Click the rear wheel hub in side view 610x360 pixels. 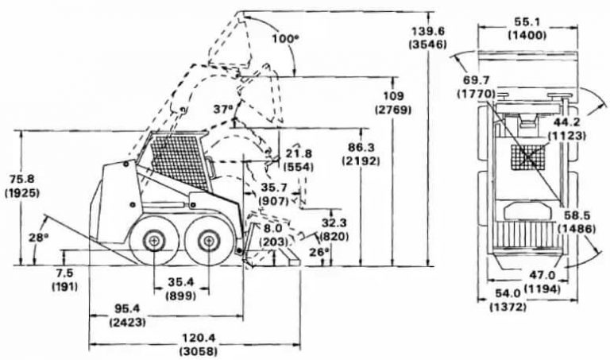tap(153, 240)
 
